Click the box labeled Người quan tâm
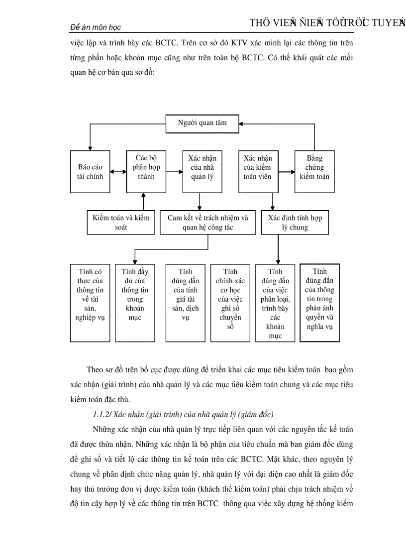point(202,123)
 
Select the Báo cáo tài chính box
point(90,171)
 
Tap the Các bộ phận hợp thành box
point(146,171)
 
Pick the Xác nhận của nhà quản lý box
point(202,171)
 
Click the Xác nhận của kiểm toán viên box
point(258,171)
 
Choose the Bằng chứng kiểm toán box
point(314,171)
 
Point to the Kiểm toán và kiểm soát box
point(121,222)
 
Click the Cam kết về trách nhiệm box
point(207,222)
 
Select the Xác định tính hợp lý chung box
point(295,222)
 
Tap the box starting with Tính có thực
point(90,303)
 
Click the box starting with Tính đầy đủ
point(134,303)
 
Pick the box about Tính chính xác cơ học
point(230,303)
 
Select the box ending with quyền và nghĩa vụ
point(319,303)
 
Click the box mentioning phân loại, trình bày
point(275,303)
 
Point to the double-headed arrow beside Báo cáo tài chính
point(118,172)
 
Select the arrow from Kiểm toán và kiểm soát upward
point(144,202)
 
